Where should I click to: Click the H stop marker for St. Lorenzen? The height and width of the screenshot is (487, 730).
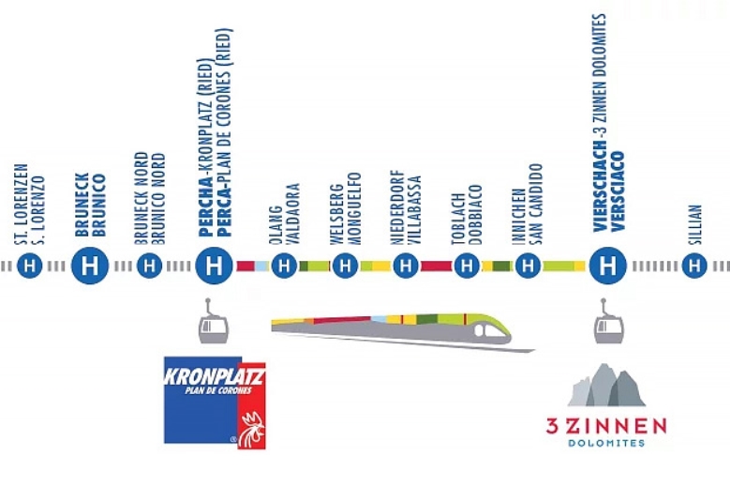pos(29,266)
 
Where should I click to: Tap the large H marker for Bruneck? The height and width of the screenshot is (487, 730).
pos(90,266)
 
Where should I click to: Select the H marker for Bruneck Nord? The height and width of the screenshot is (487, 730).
pos(149,266)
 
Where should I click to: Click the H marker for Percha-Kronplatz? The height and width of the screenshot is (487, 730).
pos(215,266)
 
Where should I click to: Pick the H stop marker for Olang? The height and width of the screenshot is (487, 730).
pos(284,266)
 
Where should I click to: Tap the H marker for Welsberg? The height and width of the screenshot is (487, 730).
pos(345,266)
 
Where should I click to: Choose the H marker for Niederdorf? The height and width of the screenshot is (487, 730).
pos(406,266)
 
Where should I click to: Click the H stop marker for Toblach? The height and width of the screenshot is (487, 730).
pos(467,266)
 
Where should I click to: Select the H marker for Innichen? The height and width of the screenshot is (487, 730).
pos(528,266)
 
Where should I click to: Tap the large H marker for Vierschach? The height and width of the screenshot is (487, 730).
pos(607,266)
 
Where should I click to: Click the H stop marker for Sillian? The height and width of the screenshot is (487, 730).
pos(694,266)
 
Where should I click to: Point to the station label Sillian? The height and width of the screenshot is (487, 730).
pos(694,224)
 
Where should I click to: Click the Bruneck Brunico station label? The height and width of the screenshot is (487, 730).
pos(90,205)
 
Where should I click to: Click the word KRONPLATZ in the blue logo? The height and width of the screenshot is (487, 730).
pos(215,376)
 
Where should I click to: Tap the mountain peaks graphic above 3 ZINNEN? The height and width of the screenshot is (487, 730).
pos(606,385)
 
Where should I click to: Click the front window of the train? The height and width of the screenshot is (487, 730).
pos(494,331)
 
